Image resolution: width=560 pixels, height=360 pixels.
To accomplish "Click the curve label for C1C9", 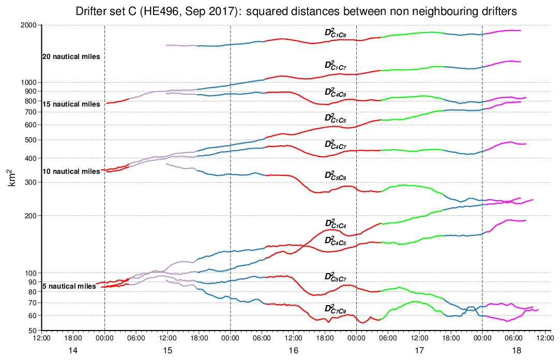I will (x=335, y=33).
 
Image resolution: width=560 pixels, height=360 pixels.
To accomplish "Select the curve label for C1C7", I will (x=335, y=65).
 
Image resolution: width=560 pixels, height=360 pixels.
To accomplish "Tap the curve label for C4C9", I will (x=335, y=92).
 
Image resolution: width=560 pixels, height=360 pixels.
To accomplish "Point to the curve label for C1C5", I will (x=335, y=118).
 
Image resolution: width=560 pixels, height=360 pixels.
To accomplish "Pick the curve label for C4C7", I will (x=335, y=144).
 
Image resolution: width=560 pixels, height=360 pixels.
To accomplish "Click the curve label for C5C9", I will (x=335, y=175).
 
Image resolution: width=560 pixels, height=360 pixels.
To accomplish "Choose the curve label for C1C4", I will (x=335, y=224).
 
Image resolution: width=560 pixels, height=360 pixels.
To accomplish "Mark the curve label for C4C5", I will (x=335, y=241).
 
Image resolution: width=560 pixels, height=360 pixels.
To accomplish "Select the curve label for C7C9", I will (x=335, y=309).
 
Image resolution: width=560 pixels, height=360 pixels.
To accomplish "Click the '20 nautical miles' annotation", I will (x=71, y=56).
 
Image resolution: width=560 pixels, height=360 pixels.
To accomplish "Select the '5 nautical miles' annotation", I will (x=69, y=286).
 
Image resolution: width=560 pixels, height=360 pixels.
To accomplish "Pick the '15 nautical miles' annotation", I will (x=71, y=104).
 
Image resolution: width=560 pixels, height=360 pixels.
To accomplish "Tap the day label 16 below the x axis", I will (x=293, y=350).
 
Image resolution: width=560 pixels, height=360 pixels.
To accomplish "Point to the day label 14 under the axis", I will (x=73, y=350).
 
